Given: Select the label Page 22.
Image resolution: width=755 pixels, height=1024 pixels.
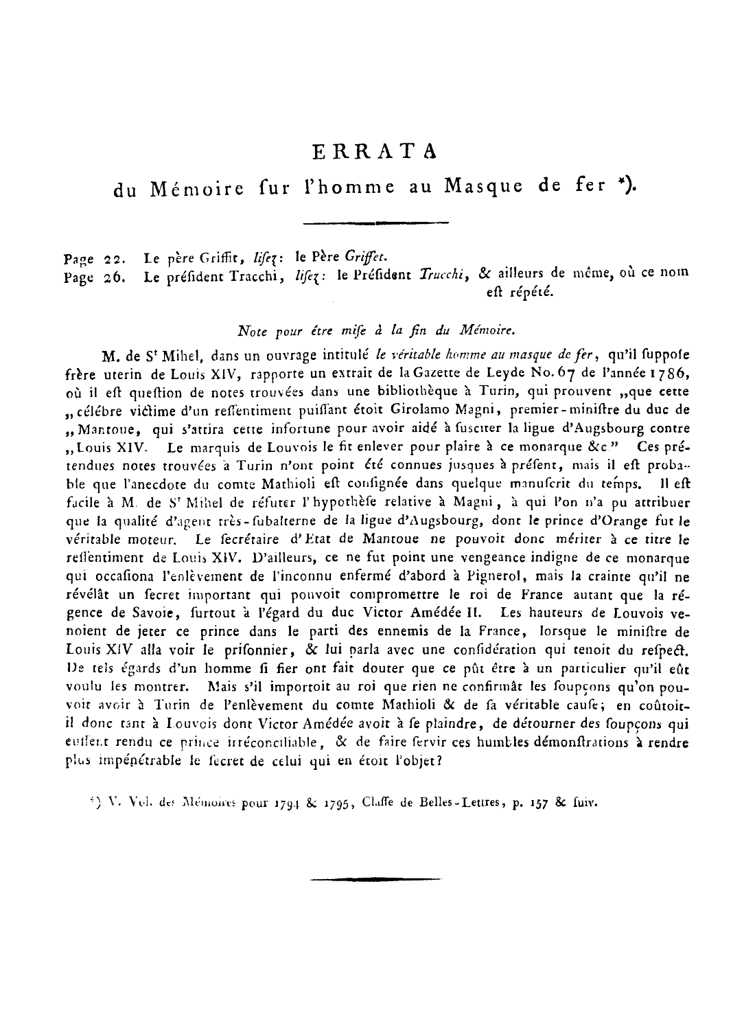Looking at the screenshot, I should click(x=93, y=260).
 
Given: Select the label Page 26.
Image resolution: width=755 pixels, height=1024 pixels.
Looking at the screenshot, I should click(x=93, y=277).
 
